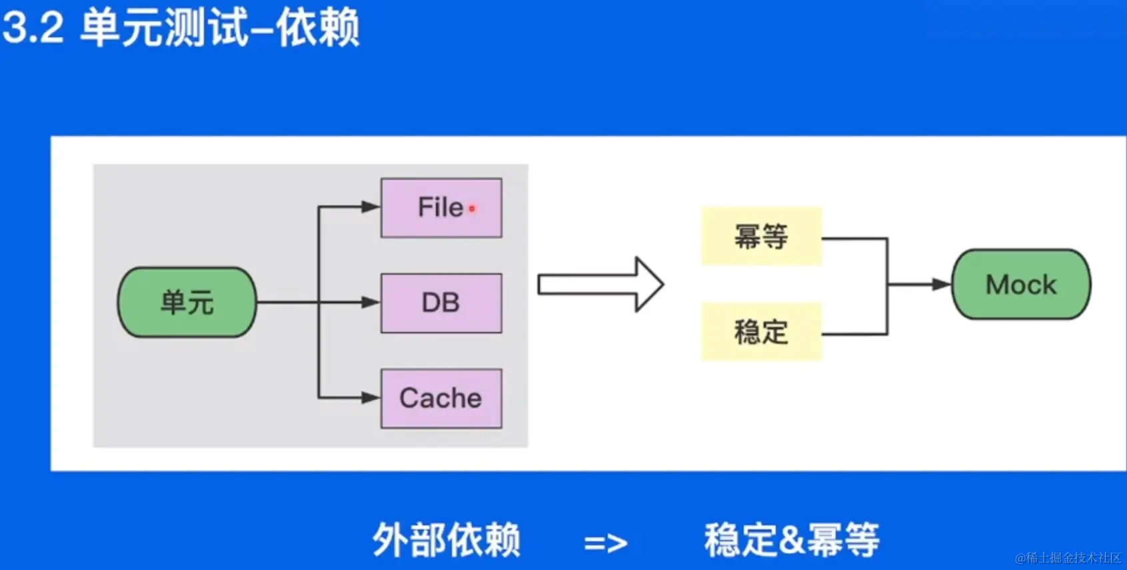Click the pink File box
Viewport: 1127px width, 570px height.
coord(441,207)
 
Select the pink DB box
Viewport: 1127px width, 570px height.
coord(441,303)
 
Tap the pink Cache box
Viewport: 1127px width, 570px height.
coord(441,398)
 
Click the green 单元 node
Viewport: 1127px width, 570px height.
coord(187,302)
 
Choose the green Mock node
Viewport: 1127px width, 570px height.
coord(1021,285)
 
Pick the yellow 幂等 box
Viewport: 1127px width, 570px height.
coord(761,236)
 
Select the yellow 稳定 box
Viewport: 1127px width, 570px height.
coord(761,331)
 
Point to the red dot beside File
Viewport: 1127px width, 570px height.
coord(472,209)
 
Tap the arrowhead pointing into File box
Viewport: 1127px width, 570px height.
coord(371,207)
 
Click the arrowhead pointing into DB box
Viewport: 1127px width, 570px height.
coord(371,302)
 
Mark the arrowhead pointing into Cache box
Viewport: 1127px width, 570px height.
coord(371,398)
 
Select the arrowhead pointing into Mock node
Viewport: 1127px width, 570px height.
coord(942,285)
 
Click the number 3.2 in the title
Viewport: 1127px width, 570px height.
coord(33,28)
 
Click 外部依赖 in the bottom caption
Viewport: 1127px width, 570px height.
coord(446,539)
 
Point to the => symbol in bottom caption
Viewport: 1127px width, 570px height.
coord(605,543)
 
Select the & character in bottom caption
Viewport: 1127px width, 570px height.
coord(792,540)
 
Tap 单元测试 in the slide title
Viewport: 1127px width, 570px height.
coord(163,28)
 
